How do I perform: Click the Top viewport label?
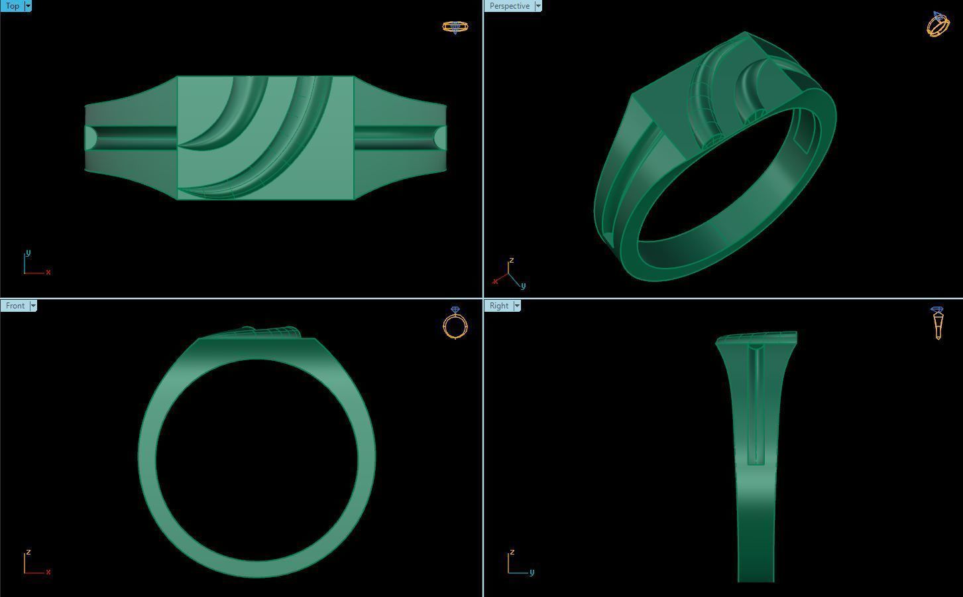(x=12, y=6)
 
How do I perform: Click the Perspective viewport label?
(x=509, y=6)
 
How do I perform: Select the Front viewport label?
(x=15, y=306)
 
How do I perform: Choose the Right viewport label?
(x=499, y=306)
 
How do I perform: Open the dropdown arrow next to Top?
(x=28, y=6)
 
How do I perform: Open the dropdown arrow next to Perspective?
(x=538, y=6)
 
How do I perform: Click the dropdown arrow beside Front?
(x=33, y=306)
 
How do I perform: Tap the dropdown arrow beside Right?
(x=517, y=306)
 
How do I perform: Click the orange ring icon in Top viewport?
(x=455, y=27)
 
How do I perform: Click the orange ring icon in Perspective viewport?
(x=938, y=25)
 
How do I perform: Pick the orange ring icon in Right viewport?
(x=937, y=322)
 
